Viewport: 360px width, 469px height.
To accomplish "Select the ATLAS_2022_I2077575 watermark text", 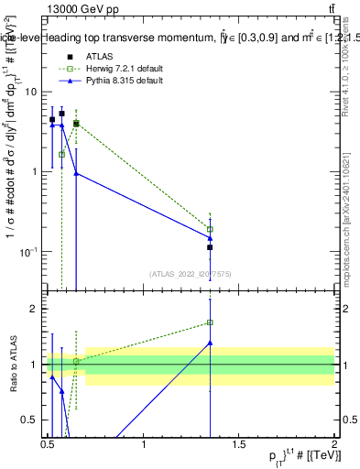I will (x=191, y=272).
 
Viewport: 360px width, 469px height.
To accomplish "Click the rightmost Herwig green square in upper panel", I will (x=210, y=229).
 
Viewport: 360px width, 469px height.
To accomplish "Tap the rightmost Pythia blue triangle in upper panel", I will (x=210, y=238).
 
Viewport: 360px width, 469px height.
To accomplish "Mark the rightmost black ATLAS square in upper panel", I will (x=210, y=247).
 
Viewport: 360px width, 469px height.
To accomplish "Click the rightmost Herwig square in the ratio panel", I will (x=210, y=322).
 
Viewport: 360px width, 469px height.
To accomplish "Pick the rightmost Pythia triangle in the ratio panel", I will (x=210, y=343).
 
